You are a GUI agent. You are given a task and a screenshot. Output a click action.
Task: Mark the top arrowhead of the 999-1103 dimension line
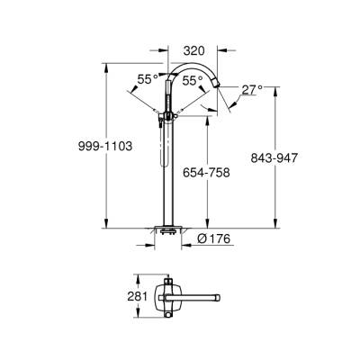pyautogui.click(x=107, y=66)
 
